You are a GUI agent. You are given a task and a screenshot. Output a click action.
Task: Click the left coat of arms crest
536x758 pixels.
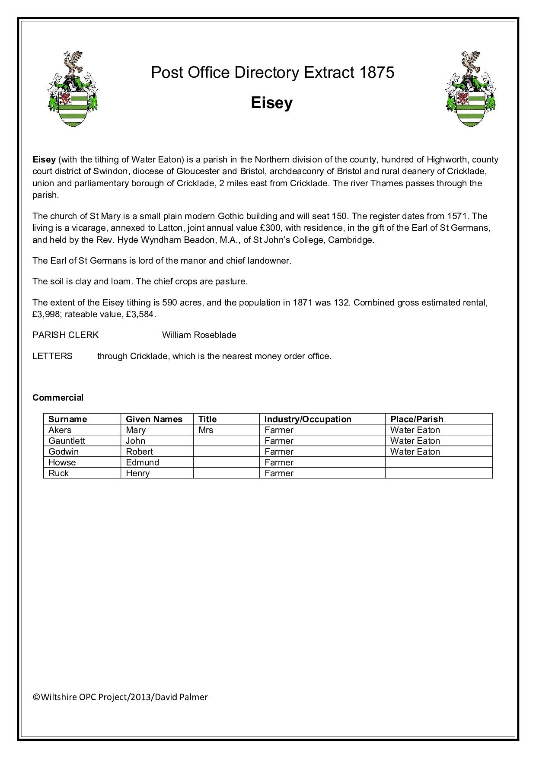73,89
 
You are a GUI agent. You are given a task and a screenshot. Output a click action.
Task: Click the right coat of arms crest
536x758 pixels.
471,89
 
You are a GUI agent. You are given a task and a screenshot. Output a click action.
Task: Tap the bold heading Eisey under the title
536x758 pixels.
271,103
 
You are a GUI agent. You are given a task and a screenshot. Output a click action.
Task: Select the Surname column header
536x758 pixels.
67,419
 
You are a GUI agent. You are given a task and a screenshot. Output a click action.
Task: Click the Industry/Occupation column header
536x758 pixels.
308,419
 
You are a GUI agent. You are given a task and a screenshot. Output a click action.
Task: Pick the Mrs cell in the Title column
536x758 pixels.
206,430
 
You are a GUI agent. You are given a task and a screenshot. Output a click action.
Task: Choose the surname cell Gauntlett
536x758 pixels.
67,441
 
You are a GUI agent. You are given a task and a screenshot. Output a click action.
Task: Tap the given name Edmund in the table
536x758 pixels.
142,462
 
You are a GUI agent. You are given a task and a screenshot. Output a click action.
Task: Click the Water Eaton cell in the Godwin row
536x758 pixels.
415,452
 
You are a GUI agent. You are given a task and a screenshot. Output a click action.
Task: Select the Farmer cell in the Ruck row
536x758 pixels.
279,473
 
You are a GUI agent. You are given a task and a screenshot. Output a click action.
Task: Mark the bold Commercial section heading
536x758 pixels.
58,398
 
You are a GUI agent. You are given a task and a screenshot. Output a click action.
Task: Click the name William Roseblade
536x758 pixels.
199,335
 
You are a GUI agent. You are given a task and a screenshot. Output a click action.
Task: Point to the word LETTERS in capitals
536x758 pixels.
52,356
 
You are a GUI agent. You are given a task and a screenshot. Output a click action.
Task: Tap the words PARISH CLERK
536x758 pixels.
65,335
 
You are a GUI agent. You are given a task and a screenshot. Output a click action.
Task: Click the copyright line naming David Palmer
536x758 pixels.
120,697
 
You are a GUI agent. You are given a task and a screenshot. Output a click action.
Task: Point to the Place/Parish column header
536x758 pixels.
417,419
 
